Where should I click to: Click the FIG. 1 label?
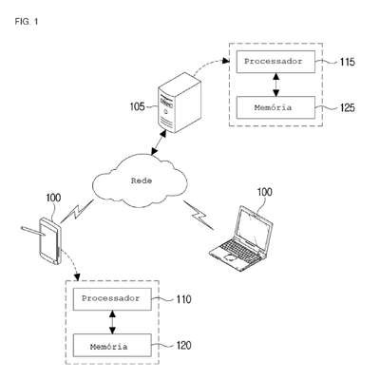(x=27, y=22)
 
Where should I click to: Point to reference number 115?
(x=348, y=62)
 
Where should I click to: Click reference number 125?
(x=348, y=108)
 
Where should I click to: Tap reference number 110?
(x=184, y=299)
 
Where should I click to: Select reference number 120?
(x=184, y=346)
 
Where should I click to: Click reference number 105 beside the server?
(x=138, y=106)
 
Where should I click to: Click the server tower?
(x=180, y=103)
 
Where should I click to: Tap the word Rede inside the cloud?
(x=142, y=180)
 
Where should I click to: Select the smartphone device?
(x=50, y=240)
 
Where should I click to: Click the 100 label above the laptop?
(x=264, y=192)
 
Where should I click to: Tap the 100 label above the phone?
(x=53, y=198)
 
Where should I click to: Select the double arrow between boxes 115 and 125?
(x=276, y=85)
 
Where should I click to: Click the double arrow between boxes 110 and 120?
(x=112, y=322)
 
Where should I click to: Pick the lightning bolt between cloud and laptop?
(x=199, y=215)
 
